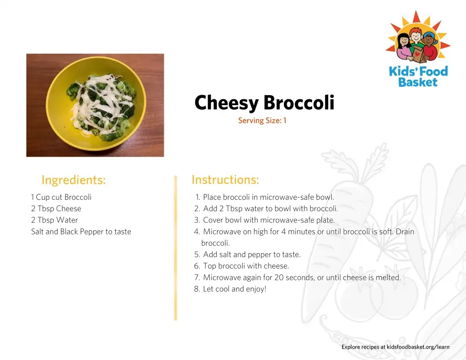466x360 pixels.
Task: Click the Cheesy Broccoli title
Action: (x=264, y=102)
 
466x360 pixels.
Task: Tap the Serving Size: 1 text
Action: (x=262, y=121)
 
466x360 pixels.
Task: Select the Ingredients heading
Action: (x=74, y=180)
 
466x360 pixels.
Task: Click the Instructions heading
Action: (x=225, y=180)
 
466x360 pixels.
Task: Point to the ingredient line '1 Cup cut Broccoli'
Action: (x=61, y=197)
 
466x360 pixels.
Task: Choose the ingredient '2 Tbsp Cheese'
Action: (x=56, y=209)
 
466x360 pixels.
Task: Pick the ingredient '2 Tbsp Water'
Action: (x=55, y=220)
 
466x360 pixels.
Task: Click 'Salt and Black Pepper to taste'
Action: (x=81, y=232)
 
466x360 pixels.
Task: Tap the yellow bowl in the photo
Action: (x=96, y=104)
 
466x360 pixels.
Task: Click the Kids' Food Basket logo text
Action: (x=418, y=77)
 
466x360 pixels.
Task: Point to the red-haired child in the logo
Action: (x=416, y=37)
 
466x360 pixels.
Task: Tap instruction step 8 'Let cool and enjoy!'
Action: (x=230, y=289)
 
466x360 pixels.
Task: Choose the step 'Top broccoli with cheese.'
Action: (x=242, y=266)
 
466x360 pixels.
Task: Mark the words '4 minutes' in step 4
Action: (x=298, y=232)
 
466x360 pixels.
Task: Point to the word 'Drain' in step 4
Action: (x=405, y=232)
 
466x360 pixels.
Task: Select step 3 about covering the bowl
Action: (x=264, y=220)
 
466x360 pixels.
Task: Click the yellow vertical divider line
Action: (x=176, y=248)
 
